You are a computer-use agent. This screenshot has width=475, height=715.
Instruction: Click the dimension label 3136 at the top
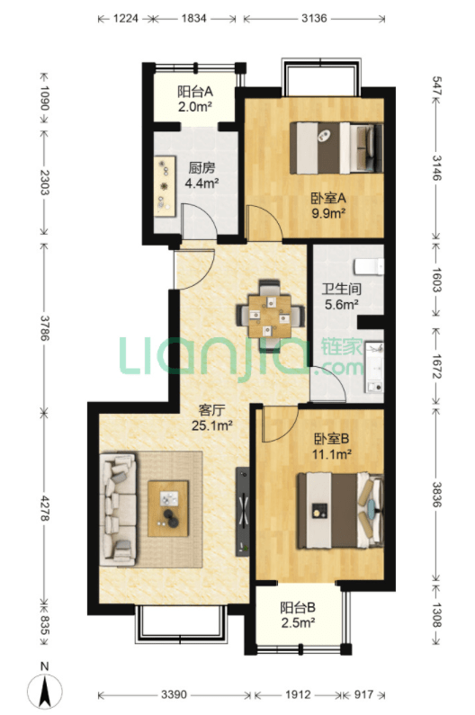(314, 18)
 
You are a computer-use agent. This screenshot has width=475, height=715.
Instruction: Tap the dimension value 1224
(125, 18)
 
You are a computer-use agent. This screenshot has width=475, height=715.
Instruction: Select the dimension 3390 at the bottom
(174, 694)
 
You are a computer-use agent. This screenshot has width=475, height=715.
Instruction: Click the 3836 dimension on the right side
(436, 495)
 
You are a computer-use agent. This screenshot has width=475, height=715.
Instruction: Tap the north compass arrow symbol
(44, 691)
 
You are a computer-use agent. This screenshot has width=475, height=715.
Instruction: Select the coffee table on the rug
(168, 508)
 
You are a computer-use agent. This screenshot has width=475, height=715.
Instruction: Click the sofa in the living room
(118, 508)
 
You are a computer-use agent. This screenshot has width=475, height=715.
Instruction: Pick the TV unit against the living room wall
(243, 511)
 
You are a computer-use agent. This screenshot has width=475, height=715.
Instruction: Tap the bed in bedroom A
(336, 147)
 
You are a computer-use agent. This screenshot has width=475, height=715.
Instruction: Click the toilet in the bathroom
(370, 266)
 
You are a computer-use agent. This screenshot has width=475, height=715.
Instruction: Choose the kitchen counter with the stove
(165, 185)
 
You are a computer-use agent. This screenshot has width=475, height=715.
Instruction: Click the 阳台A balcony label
(195, 92)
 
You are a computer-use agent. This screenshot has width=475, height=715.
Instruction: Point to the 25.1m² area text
(212, 426)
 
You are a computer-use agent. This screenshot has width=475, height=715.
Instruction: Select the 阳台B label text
(298, 607)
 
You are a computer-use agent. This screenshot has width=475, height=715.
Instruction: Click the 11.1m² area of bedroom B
(332, 453)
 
